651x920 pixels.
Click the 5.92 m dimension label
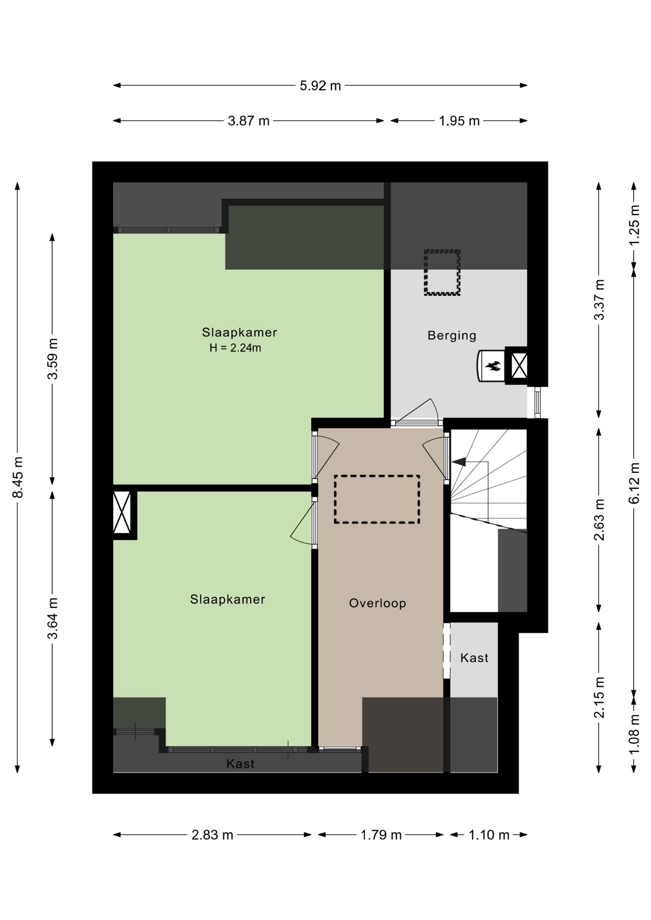click(320, 86)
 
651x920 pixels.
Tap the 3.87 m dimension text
click(248, 121)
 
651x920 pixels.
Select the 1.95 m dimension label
click(459, 121)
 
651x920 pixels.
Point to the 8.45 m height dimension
click(18, 477)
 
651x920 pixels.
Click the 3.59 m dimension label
click(53, 359)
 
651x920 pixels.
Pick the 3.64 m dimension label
click(53, 618)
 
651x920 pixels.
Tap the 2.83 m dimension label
click(212, 835)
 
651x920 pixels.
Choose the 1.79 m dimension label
click(381, 835)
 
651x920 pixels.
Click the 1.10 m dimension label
click(488, 835)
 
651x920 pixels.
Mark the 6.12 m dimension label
click(634, 483)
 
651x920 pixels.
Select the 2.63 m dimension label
click(599, 520)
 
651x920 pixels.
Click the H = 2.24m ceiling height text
click(235, 348)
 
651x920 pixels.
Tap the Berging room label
click(452, 335)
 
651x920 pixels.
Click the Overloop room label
click(378, 603)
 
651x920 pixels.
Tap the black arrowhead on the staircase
click(459, 462)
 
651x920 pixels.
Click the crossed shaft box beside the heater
click(519, 366)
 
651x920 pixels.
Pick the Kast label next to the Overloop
click(475, 658)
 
